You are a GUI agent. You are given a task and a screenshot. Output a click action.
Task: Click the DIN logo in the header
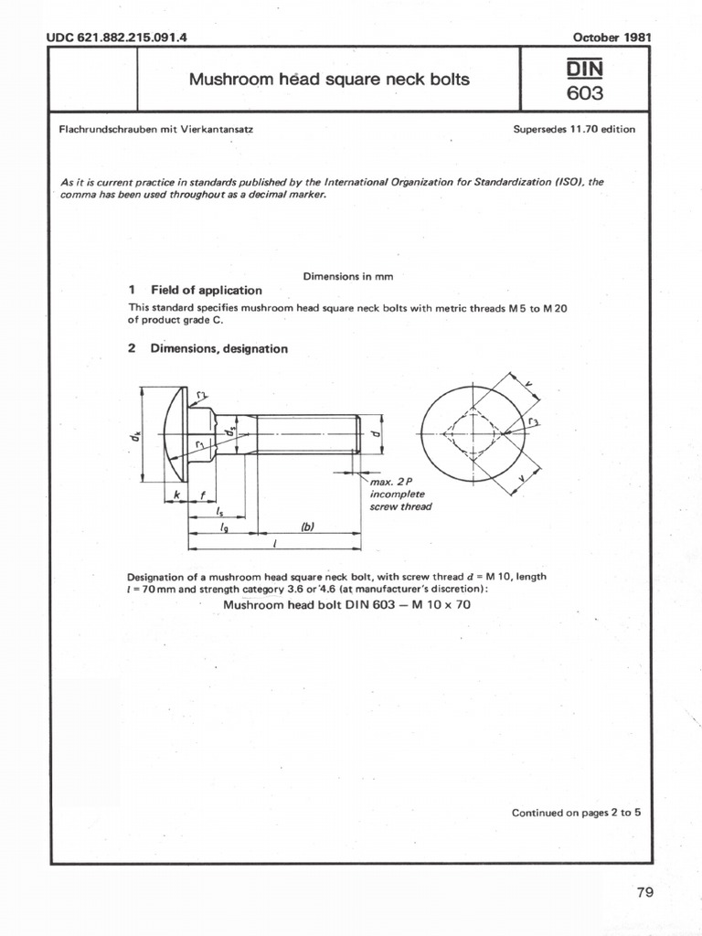click(585, 68)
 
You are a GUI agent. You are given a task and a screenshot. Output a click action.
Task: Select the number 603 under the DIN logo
click(585, 93)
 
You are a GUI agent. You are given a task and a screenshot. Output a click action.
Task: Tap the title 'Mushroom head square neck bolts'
click(329, 80)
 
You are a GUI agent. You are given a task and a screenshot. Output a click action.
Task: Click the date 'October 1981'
click(612, 37)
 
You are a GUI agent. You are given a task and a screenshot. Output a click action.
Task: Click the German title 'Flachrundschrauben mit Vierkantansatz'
click(155, 129)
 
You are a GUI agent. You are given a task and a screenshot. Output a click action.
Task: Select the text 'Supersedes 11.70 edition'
click(574, 129)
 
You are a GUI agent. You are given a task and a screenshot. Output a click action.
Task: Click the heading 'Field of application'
click(206, 290)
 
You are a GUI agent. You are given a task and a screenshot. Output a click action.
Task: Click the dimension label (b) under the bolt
click(307, 526)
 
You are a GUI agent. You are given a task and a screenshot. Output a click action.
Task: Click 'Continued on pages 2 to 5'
click(576, 812)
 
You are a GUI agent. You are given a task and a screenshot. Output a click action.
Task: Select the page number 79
click(644, 893)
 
